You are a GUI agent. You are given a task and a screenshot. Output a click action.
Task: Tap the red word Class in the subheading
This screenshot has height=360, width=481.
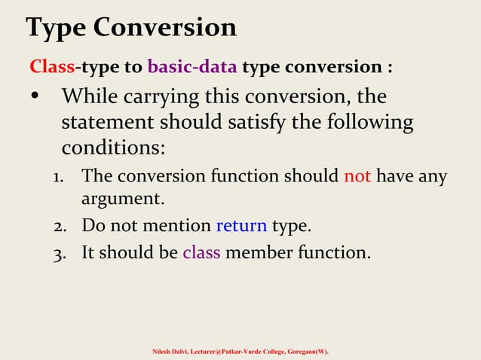pos(52,67)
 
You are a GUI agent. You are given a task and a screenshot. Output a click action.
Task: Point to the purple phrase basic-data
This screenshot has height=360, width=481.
pos(192,67)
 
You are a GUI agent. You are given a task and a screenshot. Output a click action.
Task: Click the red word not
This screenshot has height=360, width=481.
pos(357,176)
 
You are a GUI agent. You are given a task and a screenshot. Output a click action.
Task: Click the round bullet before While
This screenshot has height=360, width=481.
pos(35,98)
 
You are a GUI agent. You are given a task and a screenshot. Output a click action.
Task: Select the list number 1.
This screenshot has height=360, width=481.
pos(58,177)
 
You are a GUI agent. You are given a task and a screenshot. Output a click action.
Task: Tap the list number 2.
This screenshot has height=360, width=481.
pos(58,226)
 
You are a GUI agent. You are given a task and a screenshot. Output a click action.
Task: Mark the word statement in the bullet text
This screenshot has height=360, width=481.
pos(110,122)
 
